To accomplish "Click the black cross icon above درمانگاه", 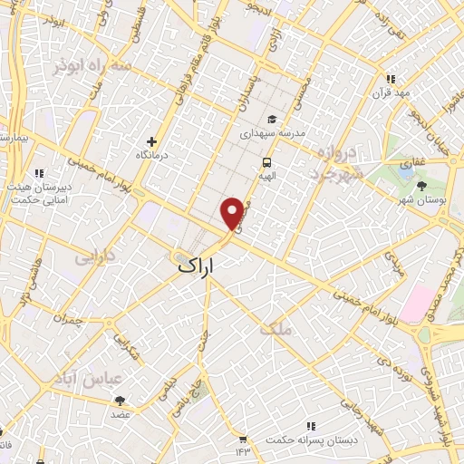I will pos(151,141).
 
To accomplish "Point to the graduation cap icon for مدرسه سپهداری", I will pos(270,119).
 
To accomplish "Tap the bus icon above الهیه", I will pos(266,161).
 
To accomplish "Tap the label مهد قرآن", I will pos(391,93).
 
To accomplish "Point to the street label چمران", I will pos(66,318).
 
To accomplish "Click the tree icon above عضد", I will pos(120,399).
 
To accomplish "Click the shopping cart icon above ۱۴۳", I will pos(242,436).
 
